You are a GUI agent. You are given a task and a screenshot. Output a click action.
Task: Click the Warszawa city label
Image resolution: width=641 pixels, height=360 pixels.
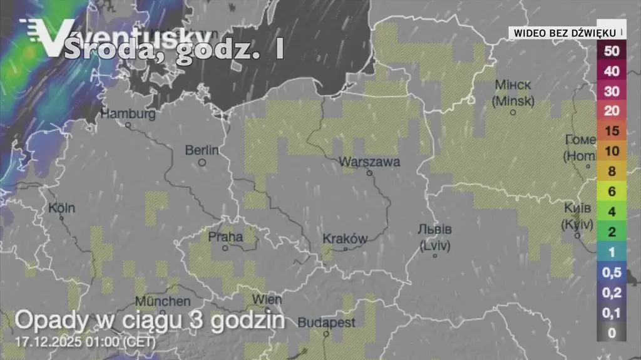369,162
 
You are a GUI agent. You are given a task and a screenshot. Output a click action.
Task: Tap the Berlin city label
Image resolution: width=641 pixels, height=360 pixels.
202,150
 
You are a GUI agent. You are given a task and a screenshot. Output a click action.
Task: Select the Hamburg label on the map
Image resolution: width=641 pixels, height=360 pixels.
128,114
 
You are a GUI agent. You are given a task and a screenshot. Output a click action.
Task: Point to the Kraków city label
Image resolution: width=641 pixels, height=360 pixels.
344,239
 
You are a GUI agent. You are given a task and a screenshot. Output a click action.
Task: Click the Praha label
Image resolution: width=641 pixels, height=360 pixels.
225,237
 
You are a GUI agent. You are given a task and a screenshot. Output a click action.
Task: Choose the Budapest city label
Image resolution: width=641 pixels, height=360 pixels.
326,323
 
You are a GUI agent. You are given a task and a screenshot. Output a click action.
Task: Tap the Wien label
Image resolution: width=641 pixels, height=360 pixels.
267,299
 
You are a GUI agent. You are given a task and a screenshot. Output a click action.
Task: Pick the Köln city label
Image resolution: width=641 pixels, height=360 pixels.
61,208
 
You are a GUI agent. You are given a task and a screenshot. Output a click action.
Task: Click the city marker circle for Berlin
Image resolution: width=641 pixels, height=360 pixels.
202,162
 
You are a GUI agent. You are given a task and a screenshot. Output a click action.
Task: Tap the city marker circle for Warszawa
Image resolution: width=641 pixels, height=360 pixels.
369,173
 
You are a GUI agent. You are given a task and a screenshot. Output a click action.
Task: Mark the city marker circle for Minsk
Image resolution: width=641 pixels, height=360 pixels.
513,113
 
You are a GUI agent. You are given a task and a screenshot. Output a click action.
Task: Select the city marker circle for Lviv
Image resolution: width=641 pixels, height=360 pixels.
434,255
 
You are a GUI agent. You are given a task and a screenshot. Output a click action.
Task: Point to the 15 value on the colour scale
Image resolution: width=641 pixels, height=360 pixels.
612,131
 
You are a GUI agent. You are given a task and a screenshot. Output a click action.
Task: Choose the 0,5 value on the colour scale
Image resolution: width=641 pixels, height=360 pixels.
612,272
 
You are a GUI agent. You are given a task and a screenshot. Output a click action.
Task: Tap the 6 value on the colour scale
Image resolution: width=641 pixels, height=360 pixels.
612,192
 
